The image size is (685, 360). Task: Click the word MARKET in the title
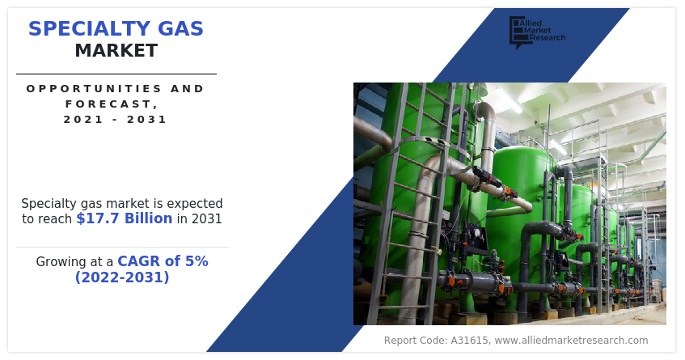[x=116, y=51]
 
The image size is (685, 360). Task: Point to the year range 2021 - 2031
[x=116, y=119]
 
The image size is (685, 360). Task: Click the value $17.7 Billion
[x=124, y=218]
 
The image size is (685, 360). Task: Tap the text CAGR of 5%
[x=163, y=261]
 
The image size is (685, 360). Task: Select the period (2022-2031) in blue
[x=122, y=277]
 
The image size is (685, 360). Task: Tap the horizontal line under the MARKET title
[x=116, y=74]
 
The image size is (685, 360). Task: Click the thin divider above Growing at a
[x=122, y=247]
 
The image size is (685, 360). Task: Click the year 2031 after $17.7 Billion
[x=205, y=218]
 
